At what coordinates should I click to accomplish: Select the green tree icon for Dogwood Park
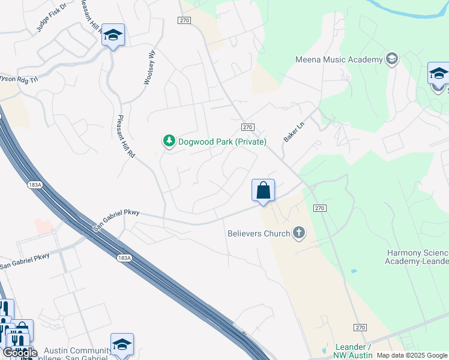coord(169,141)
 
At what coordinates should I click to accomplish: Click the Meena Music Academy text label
coord(339,59)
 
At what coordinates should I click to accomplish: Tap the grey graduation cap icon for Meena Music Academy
coord(392,59)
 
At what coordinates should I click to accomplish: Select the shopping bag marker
coord(263,191)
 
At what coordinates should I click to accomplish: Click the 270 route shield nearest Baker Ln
coord(249,127)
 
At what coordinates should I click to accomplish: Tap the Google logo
coord(20,353)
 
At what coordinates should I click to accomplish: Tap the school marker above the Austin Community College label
coord(122,344)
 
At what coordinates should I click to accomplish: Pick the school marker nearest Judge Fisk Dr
coord(112,35)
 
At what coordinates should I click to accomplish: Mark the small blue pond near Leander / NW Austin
coord(325,350)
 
